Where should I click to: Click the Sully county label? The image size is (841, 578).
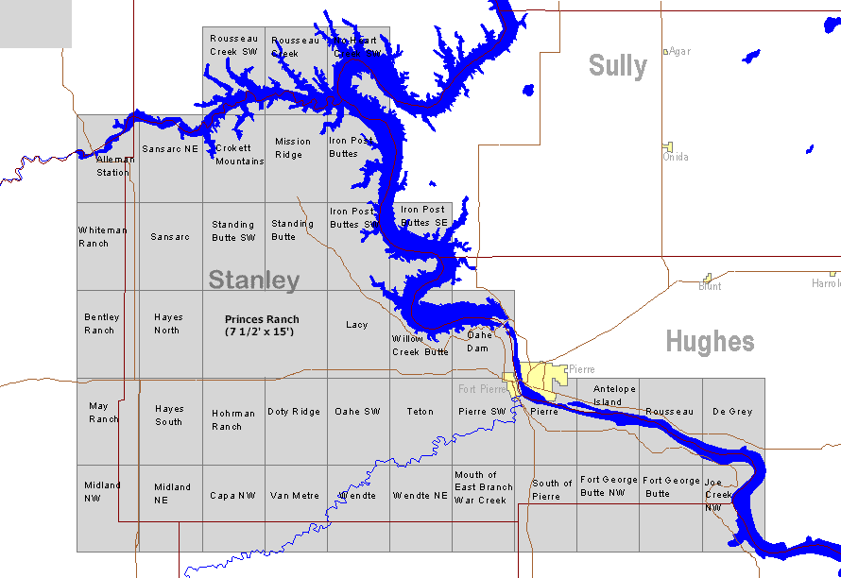(x=618, y=66)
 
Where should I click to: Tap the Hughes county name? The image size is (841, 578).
(x=710, y=342)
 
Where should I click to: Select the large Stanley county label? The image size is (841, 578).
(x=253, y=280)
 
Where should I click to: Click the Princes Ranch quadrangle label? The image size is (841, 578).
(x=262, y=326)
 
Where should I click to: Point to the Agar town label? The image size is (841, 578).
(x=679, y=51)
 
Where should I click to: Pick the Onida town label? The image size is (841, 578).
(x=676, y=157)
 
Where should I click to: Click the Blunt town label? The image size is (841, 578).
(x=710, y=286)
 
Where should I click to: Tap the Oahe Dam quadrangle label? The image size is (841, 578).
(x=478, y=341)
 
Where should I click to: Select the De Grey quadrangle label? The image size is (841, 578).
(x=732, y=412)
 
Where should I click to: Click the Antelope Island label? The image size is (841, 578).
(x=614, y=396)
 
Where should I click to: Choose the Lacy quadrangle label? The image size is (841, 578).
(x=356, y=325)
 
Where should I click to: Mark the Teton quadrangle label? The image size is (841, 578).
(x=420, y=412)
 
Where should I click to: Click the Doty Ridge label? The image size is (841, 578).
(x=294, y=412)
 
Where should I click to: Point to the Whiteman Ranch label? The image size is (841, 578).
(x=102, y=237)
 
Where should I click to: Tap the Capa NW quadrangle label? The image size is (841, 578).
(x=232, y=496)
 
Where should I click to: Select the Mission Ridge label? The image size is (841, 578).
(x=293, y=148)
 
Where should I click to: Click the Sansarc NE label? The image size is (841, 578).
(x=170, y=149)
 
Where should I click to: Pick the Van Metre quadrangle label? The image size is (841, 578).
(x=294, y=496)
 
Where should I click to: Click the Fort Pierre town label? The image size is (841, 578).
(x=482, y=389)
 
